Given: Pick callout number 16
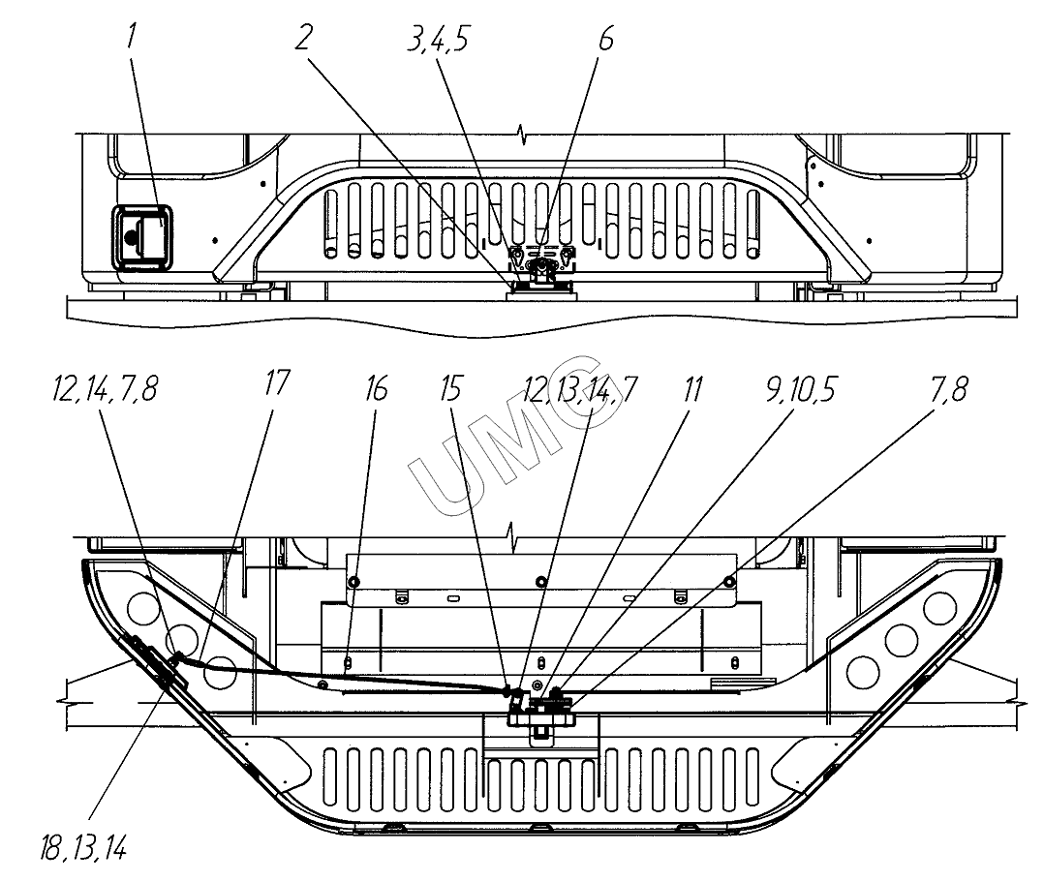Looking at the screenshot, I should [x=376, y=390].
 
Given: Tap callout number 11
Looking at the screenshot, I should [x=691, y=390].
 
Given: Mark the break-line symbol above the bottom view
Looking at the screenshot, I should [x=513, y=535].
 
